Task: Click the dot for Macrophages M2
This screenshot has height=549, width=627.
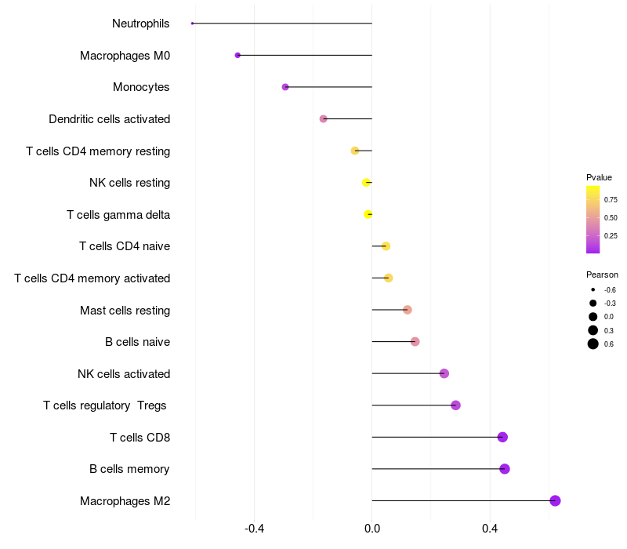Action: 555,501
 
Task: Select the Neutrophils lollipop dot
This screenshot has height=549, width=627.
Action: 192,24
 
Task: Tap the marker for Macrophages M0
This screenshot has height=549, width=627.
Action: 237,56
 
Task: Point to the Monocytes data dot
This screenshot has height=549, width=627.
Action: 285,87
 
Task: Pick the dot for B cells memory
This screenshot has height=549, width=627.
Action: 505,469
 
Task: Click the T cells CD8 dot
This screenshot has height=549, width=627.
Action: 502,437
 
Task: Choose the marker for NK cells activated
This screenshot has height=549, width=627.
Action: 444,373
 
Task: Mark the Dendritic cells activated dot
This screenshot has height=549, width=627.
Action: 323,119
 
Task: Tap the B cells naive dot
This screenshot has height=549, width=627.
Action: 415,341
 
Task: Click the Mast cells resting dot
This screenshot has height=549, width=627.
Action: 407,310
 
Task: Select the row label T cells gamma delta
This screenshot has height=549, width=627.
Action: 118,215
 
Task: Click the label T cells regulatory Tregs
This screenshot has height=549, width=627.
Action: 105,405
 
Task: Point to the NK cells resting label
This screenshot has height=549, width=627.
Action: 130,183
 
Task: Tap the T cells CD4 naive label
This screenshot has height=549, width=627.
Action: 125,246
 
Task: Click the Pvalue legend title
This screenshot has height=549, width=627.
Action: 599,177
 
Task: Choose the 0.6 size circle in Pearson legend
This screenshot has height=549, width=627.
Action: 593,344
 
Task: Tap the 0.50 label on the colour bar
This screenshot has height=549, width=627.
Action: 611,218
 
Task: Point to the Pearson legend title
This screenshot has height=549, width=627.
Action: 602,275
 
